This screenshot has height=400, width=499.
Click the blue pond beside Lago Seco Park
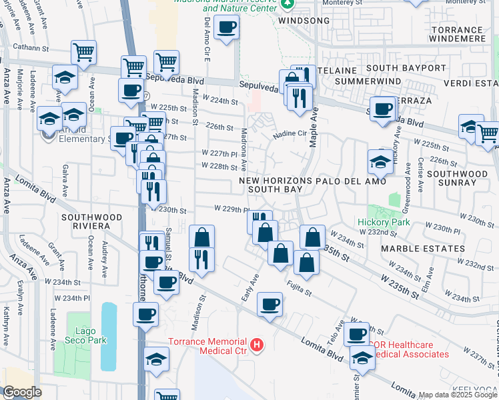108,337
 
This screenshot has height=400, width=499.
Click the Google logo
22,392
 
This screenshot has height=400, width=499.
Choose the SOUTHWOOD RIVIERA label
92,221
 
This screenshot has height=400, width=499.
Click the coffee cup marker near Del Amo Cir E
227,28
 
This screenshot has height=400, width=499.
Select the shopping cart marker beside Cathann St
83,51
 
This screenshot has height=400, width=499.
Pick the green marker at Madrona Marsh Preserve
288,4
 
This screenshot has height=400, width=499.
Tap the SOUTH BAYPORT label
406,68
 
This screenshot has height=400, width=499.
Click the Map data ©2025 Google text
458,395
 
